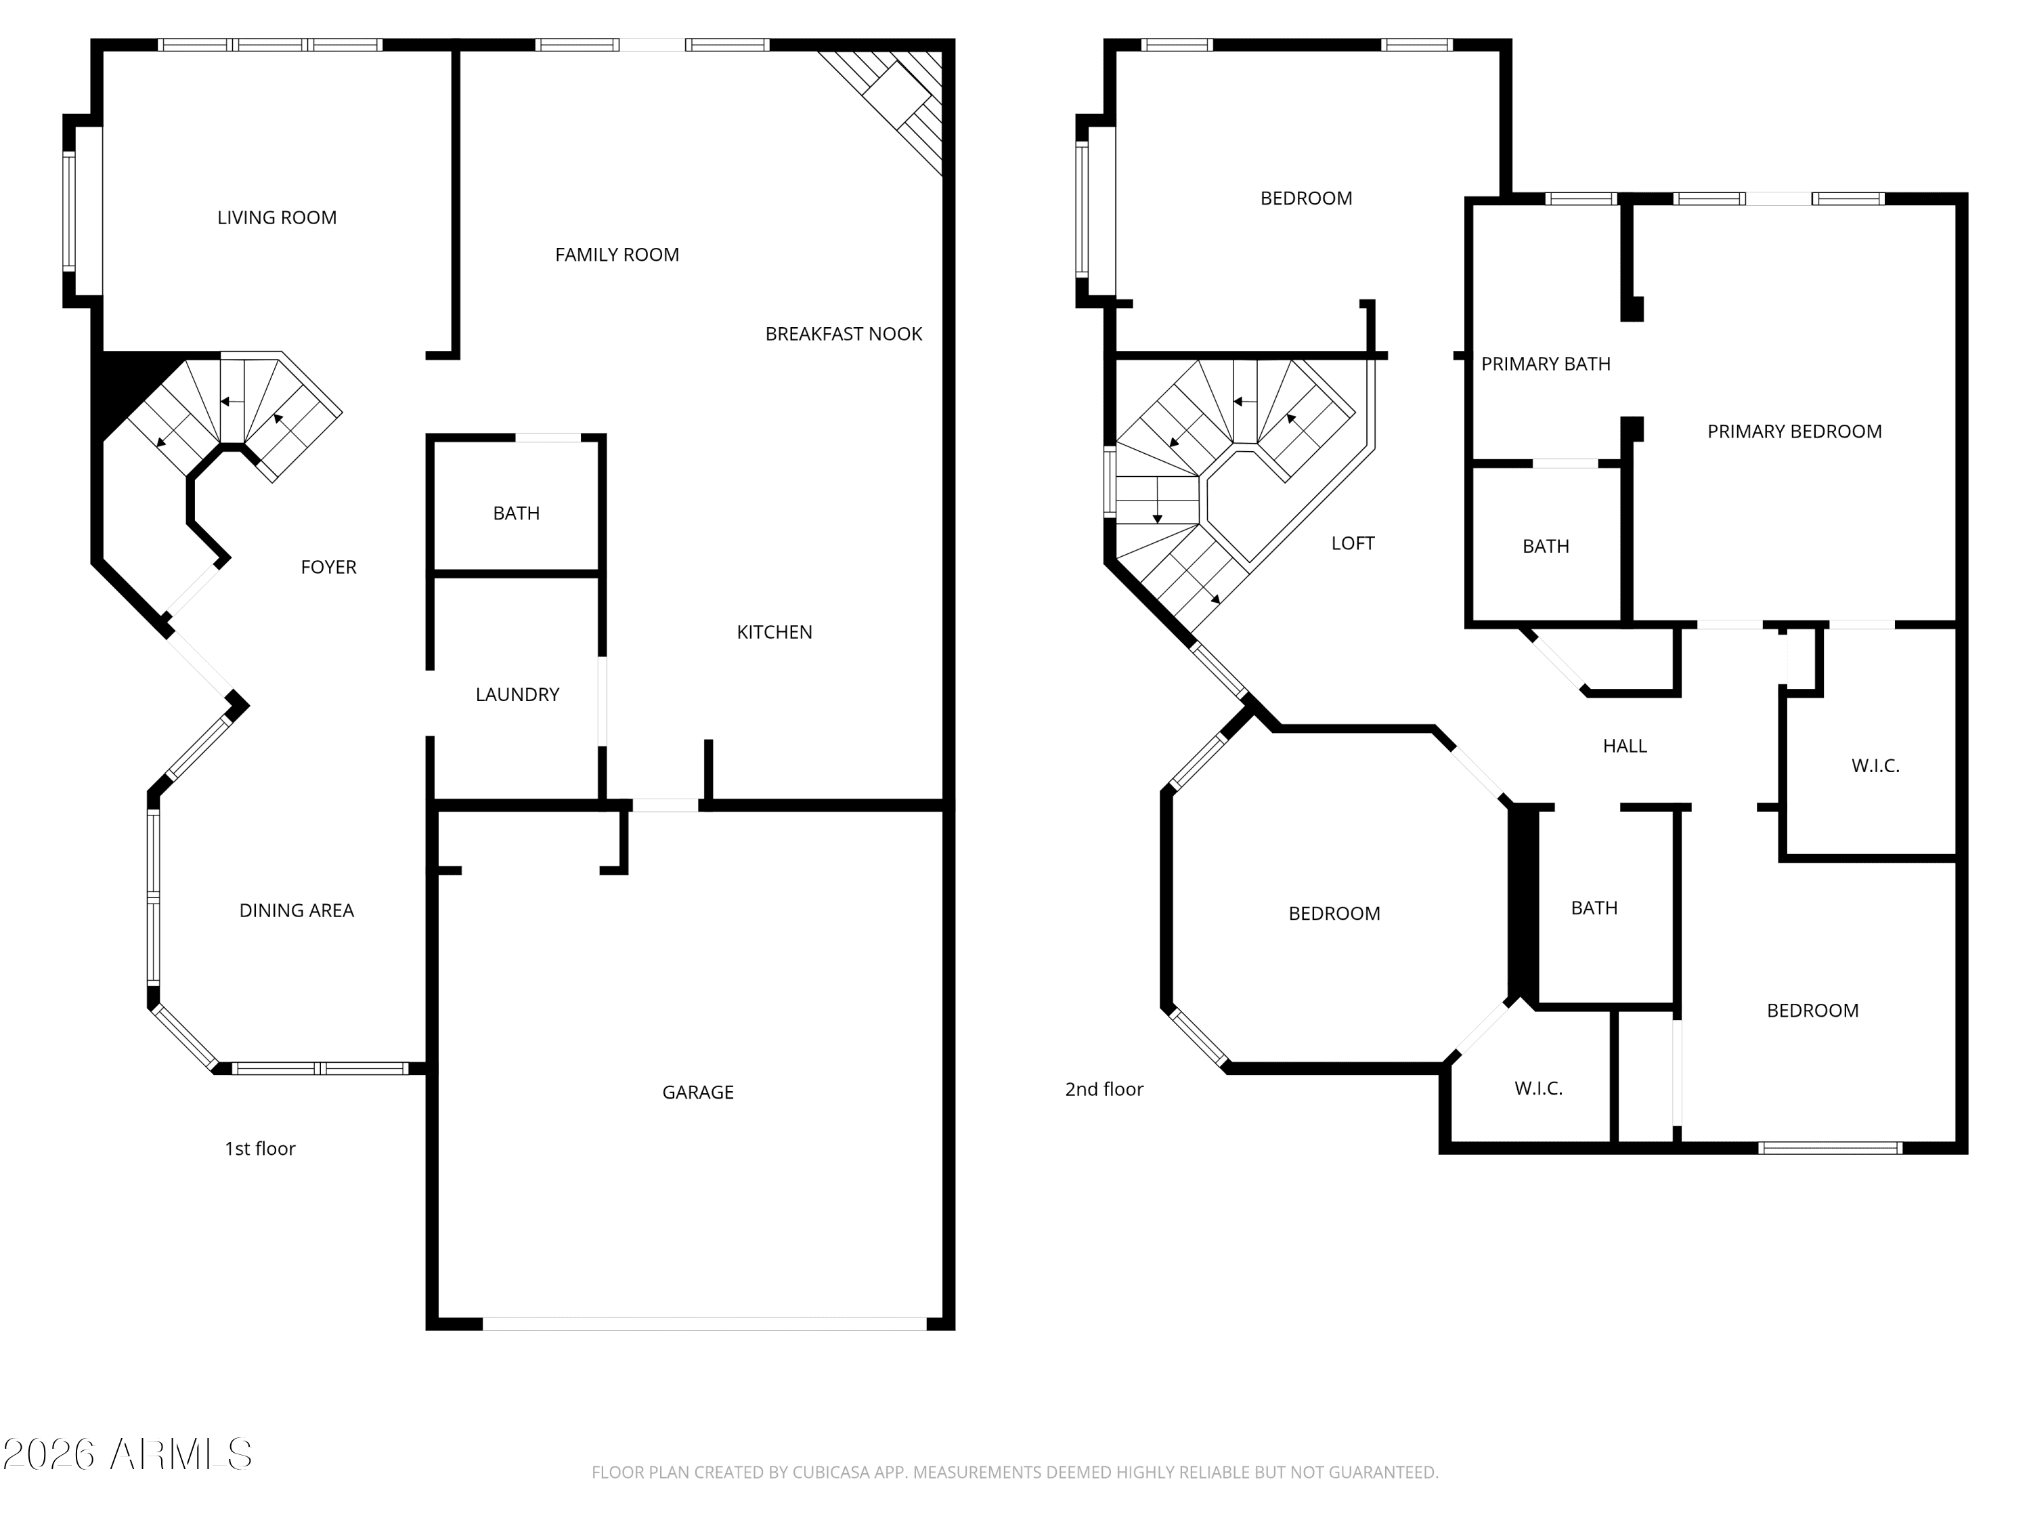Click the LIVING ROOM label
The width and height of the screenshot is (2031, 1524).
(276, 217)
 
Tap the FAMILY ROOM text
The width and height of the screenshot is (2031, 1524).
(617, 255)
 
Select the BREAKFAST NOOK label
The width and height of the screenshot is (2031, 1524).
(844, 333)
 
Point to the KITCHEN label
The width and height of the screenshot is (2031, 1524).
(774, 632)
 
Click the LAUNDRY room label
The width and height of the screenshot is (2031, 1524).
(517, 694)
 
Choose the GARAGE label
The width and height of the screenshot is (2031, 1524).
(698, 1093)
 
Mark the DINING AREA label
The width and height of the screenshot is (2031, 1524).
(297, 910)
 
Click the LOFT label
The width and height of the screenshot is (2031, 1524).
(1353, 543)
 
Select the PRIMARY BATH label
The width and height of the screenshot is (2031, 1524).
(1546, 364)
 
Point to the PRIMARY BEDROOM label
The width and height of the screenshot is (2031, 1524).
(1794, 431)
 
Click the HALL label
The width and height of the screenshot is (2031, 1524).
(1624, 746)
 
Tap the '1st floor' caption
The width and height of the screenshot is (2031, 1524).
(260, 1148)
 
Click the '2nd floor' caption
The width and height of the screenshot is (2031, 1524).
(1104, 1088)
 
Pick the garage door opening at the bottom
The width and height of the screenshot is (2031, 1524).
(704, 1324)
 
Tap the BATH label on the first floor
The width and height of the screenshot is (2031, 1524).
(516, 513)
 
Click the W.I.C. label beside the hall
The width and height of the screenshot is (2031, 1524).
(1875, 766)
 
